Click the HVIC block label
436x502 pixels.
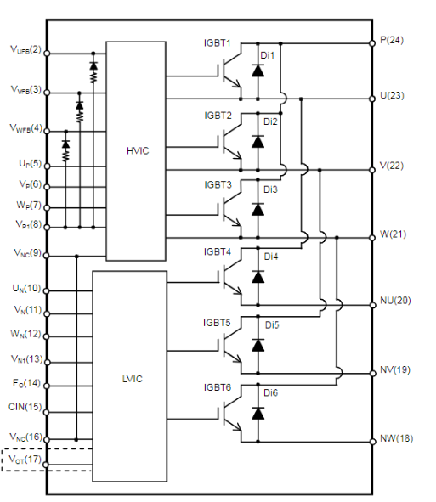pyautogui.click(x=138, y=151)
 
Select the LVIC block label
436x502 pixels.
pyautogui.click(x=133, y=379)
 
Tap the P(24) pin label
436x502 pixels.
pyautogui.click(x=392, y=40)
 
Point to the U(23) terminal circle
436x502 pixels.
pyautogui.click(x=372, y=99)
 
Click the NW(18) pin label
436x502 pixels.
pyautogui.click(x=396, y=438)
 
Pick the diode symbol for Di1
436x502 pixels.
pyautogui.click(x=258, y=71)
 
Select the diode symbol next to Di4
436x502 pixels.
pyautogui.click(x=258, y=277)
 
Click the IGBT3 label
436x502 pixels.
pyautogui.click(x=218, y=184)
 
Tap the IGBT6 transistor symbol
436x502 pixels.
pyautogui.click(x=231, y=413)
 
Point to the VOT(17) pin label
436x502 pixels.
pyautogui.click(x=25, y=460)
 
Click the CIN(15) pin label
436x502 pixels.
pyautogui.click(x=25, y=407)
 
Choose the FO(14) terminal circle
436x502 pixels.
pyautogui.click(x=47, y=386)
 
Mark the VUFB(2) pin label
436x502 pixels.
pyautogui.click(x=26, y=49)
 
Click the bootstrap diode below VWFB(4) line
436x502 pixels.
pyautogui.click(x=65, y=144)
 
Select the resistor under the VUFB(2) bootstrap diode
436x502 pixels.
pyautogui.click(x=93, y=76)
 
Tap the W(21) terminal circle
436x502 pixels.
pyautogui.click(x=372, y=238)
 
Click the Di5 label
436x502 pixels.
pyautogui.click(x=272, y=325)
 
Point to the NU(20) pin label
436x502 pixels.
pyautogui.click(x=395, y=301)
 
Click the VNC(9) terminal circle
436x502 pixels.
pyautogui.click(x=47, y=256)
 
